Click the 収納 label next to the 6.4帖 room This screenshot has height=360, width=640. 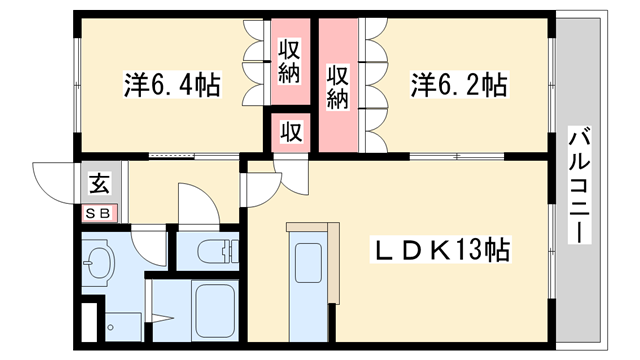pyautogui.click(x=290, y=60)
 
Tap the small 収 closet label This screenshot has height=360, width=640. pyautogui.click(x=290, y=130)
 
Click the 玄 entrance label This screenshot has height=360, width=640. pyautogui.click(x=99, y=184)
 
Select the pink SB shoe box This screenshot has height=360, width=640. pyautogui.click(x=99, y=212)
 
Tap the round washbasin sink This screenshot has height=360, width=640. pyautogui.click(x=99, y=266)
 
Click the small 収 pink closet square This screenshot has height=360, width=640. pyautogui.click(x=290, y=131)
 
